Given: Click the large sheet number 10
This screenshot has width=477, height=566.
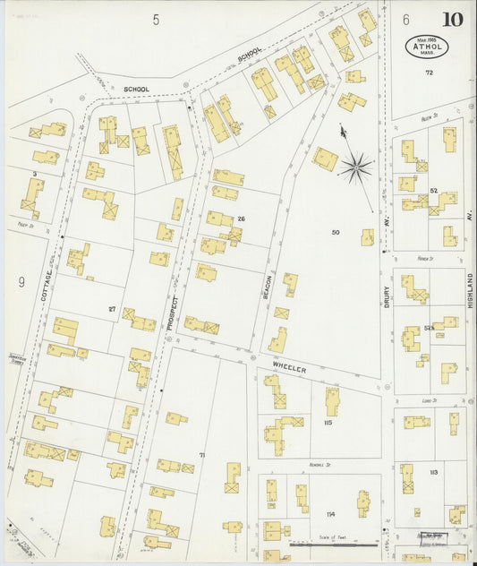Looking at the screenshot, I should point(451,19).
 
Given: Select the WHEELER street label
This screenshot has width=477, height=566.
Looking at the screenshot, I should point(290,368).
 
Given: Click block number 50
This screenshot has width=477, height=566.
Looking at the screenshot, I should point(336,233).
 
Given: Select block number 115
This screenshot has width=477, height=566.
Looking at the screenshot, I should point(328,423).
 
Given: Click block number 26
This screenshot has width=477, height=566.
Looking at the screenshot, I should point(241,219).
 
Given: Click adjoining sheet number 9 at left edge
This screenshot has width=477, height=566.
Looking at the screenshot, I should point(20,283).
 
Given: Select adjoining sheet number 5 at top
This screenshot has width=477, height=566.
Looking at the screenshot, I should point(155,19).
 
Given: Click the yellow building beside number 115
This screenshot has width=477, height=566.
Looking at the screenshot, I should point(331,400).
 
